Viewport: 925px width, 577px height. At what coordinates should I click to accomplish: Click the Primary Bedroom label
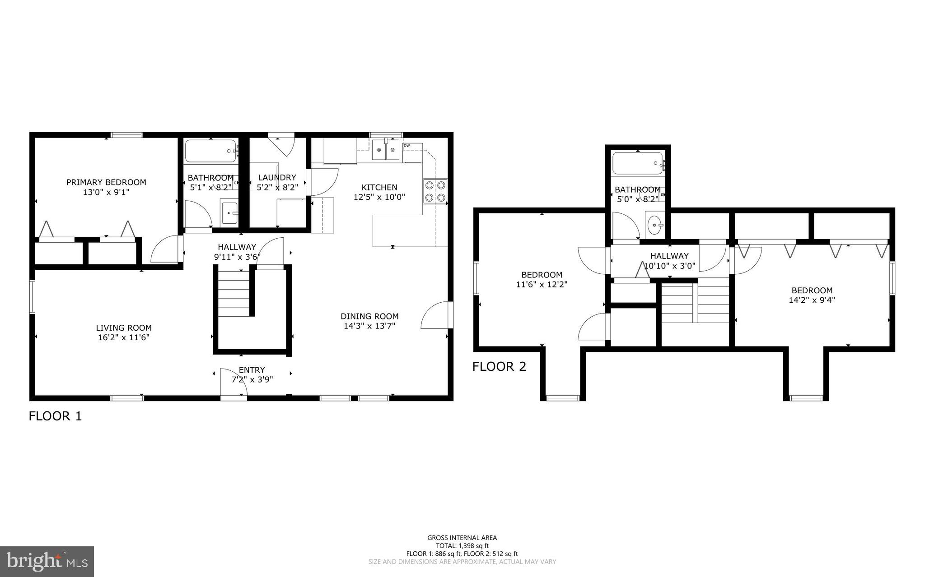click(106, 182)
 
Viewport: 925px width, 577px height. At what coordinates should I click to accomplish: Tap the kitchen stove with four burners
click(435, 191)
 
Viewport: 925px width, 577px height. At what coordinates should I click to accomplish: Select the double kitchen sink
click(386, 151)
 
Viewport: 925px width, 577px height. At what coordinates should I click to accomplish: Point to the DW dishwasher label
click(406, 146)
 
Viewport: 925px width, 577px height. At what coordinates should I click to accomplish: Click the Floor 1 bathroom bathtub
click(210, 151)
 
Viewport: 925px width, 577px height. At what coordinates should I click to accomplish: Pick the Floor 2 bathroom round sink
click(654, 224)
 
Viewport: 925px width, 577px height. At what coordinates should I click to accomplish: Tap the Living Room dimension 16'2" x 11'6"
click(123, 337)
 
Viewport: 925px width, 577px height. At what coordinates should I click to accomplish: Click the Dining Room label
click(369, 316)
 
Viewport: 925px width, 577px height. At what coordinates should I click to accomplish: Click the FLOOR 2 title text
click(499, 366)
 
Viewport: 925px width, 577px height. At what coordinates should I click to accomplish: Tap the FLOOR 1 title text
click(55, 415)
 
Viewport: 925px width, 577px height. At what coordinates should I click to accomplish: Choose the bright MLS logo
click(47, 561)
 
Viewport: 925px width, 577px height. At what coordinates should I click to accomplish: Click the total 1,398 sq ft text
click(462, 545)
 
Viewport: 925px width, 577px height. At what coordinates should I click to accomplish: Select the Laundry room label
click(277, 177)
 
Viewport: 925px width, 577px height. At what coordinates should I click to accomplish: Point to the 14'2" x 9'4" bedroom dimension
click(812, 300)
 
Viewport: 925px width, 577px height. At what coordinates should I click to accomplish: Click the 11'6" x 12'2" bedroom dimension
click(542, 284)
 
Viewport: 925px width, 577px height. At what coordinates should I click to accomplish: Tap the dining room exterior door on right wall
click(436, 316)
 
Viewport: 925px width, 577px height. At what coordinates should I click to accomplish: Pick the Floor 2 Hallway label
click(669, 256)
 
